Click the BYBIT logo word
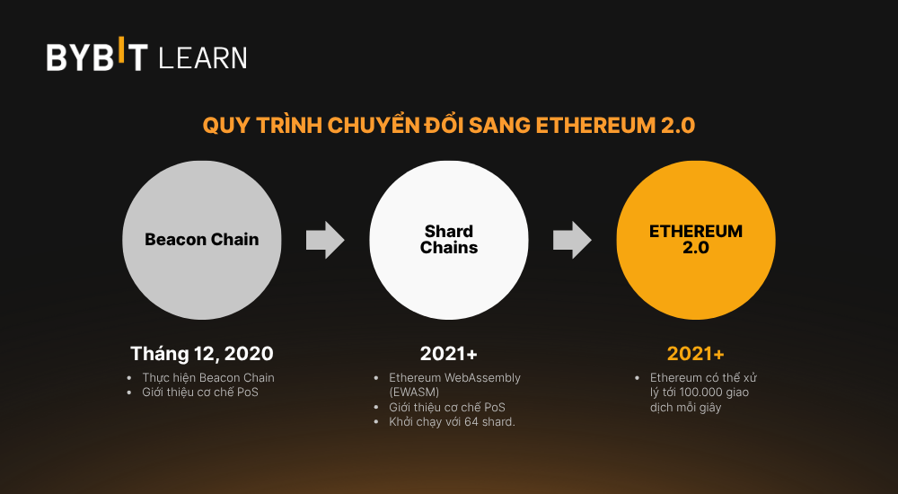coord(97,57)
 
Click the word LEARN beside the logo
coord(202,58)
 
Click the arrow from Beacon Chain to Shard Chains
coord(325,240)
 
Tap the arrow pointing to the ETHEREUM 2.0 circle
coord(572,240)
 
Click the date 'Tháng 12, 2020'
coord(202,353)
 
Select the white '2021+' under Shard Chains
coord(449,353)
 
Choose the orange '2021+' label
coord(696,353)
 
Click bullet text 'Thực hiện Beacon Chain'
coord(208,377)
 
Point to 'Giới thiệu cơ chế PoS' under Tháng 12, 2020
coord(200,393)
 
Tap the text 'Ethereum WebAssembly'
coord(454,377)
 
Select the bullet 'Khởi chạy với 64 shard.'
coord(452,421)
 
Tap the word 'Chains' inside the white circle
coord(449,247)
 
